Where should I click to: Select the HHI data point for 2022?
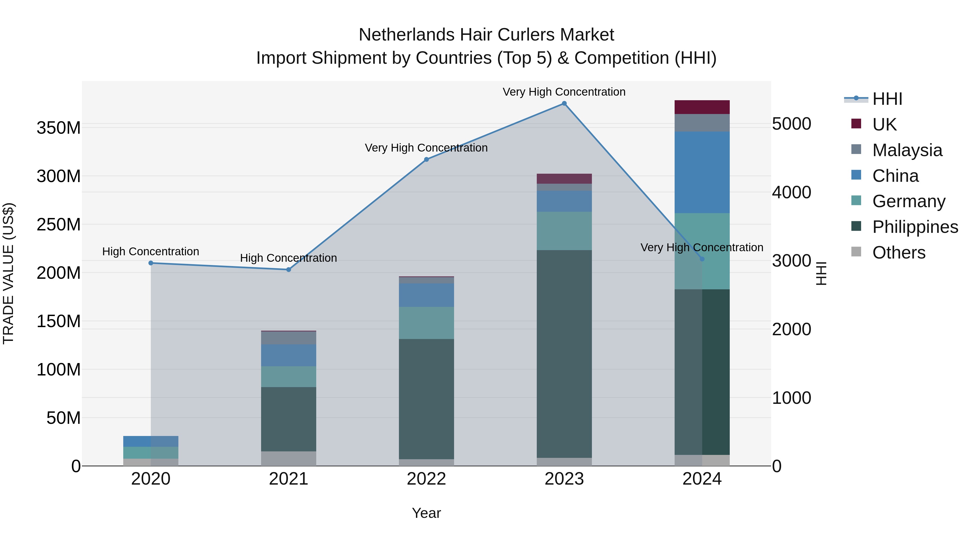click(x=426, y=159)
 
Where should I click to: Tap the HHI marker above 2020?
click(x=151, y=263)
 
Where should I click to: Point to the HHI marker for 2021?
click(x=289, y=270)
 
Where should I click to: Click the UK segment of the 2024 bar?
click(x=702, y=107)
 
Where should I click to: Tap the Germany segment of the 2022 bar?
click(x=426, y=323)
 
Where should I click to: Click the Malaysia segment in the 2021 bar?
click(x=289, y=338)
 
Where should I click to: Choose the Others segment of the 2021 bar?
click(x=289, y=459)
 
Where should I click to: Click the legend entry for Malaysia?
click(x=907, y=150)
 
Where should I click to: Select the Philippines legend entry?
click(x=915, y=227)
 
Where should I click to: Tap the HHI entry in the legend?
click(x=887, y=99)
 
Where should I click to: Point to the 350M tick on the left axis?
click(x=59, y=128)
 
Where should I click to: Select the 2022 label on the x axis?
click(x=426, y=479)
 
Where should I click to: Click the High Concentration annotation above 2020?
click(x=151, y=251)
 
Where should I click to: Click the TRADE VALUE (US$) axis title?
click(x=8, y=273)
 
